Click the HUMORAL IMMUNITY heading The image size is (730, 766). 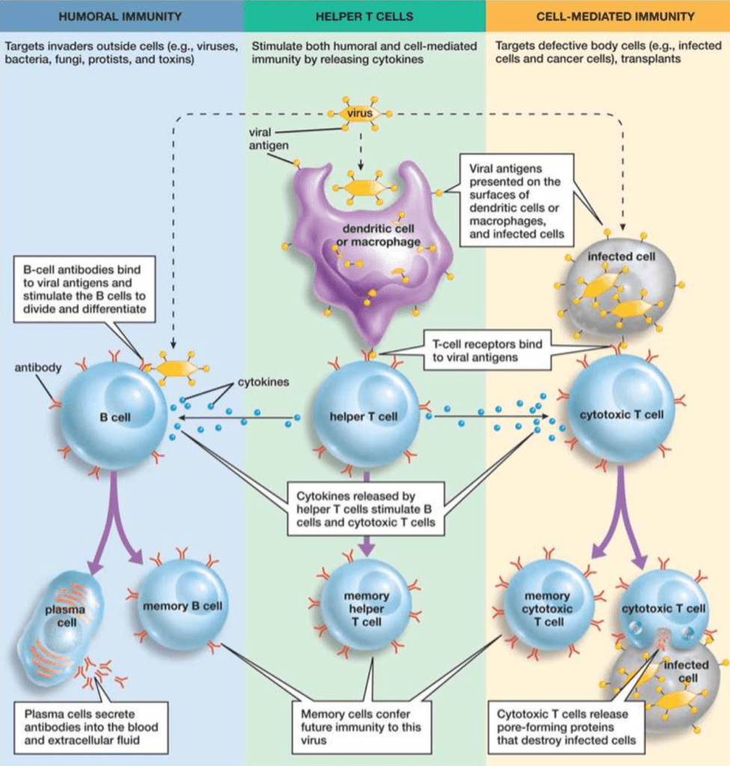tap(121, 16)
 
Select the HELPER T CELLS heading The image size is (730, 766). tap(364, 16)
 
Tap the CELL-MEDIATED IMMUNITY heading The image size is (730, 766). tap(607, 16)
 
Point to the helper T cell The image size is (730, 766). tap(365, 416)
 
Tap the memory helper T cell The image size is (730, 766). tap(366, 608)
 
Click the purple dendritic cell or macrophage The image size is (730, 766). tap(370, 247)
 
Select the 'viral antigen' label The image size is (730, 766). tap(268, 138)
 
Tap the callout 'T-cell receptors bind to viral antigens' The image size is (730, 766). tap(486, 352)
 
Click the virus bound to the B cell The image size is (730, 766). tap(173, 368)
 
